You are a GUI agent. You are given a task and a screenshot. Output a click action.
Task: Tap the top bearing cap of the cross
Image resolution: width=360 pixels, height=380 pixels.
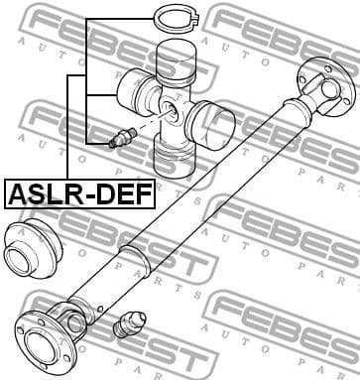click(179, 62)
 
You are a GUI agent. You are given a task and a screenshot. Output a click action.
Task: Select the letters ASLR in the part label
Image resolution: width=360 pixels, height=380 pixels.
click(43, 191)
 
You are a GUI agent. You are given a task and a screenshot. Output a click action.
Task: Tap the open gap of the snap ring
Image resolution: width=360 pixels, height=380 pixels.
click(199, 17)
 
